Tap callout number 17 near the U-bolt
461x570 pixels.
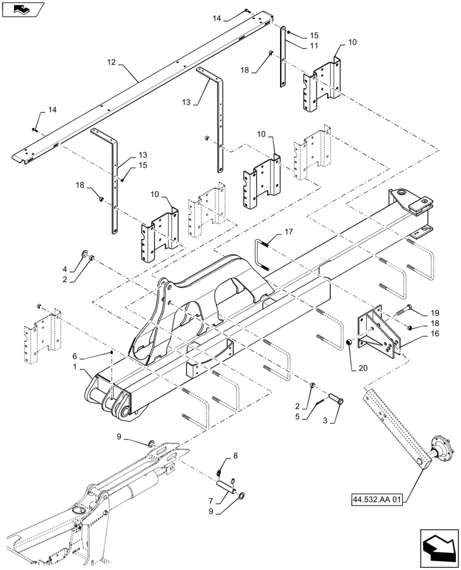(289, 231)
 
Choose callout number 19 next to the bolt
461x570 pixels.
(435, 313)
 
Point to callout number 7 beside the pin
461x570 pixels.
(212, 501)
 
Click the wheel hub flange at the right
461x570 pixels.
(440, 456)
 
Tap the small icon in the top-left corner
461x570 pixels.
(23, 9)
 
